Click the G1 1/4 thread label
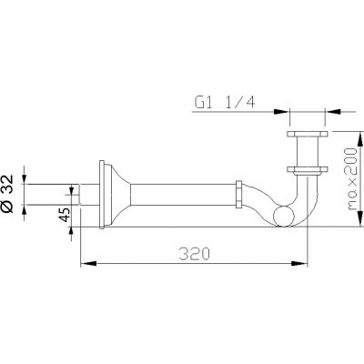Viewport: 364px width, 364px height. [x=225, y=103]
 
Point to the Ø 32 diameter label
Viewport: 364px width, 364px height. [x=7, y=194]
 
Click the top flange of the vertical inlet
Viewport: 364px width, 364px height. [x=307, y=134]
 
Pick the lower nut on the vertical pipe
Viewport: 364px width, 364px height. [x=307, y=170]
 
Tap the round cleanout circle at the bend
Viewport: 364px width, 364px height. [x=284, y=216]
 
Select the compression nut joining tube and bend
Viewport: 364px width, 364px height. [x=239, y=195]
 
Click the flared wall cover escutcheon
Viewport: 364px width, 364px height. [x=117, y=195]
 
